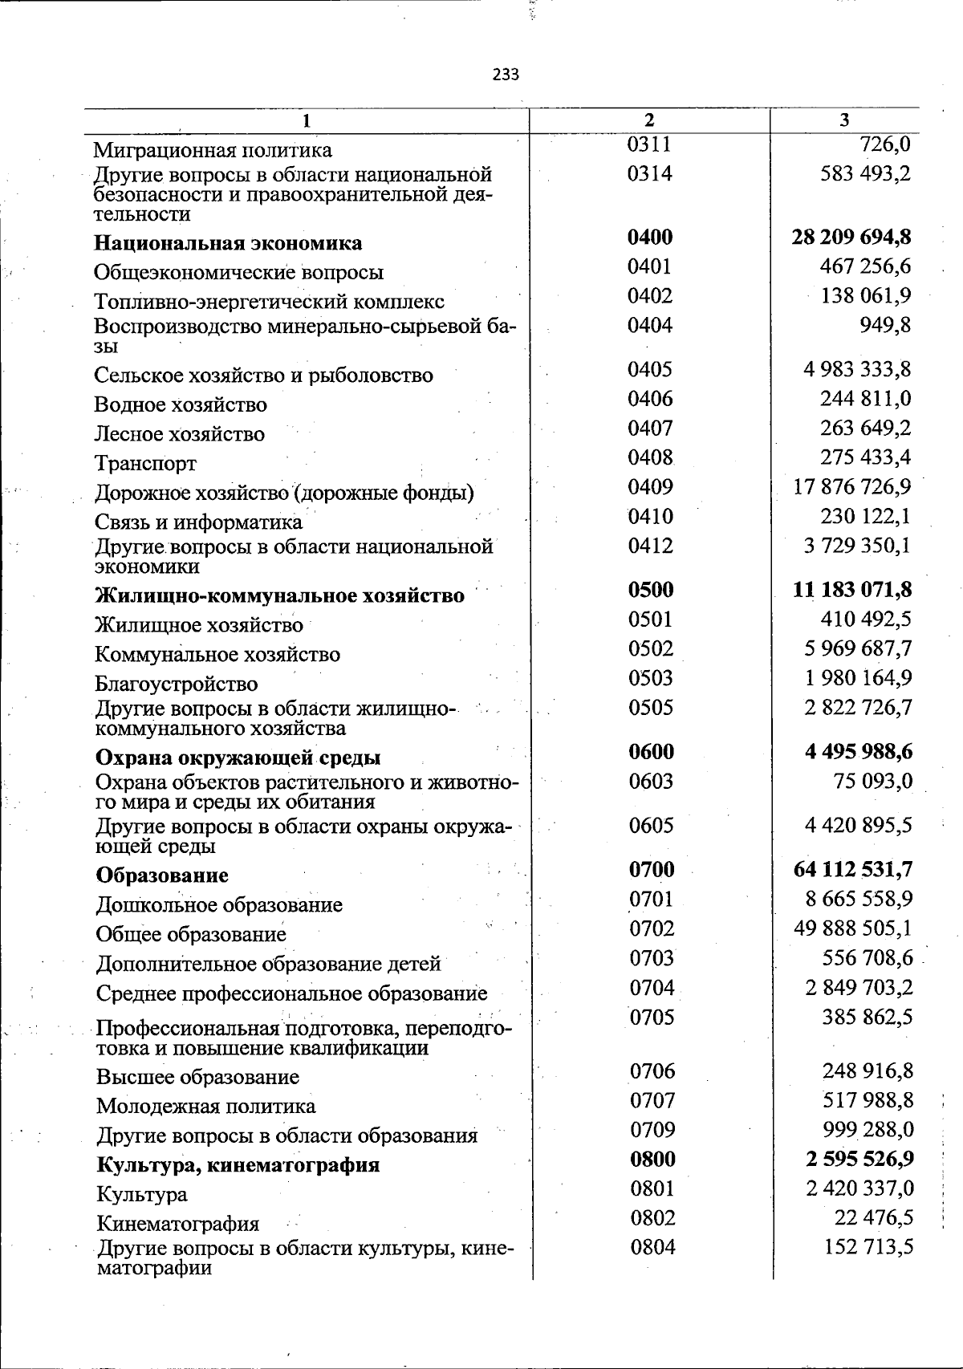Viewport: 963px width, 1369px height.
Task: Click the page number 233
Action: (506, 75)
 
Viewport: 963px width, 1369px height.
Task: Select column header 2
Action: (649, 120)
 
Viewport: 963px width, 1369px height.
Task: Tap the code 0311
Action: (649, 144)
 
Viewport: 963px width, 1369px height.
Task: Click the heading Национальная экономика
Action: (228, 243)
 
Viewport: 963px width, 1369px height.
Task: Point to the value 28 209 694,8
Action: (851, 238)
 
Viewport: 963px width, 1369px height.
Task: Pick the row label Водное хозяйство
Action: (181, 405)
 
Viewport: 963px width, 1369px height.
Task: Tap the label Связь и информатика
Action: (198, 523)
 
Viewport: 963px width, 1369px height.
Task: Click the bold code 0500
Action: (651, 591)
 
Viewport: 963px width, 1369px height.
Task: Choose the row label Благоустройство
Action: (177, 684)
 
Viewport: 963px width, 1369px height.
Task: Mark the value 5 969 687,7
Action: (858, 649)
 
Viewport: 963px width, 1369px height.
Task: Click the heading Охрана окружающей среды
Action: (238, 758)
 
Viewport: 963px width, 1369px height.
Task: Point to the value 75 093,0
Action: (873, 782)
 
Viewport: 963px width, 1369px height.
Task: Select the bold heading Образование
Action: (162, 875)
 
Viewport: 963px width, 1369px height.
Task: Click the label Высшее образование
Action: (197, 1078)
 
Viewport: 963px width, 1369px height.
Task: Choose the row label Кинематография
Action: (177, 1225)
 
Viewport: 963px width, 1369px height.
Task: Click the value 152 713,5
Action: (869, 1248)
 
